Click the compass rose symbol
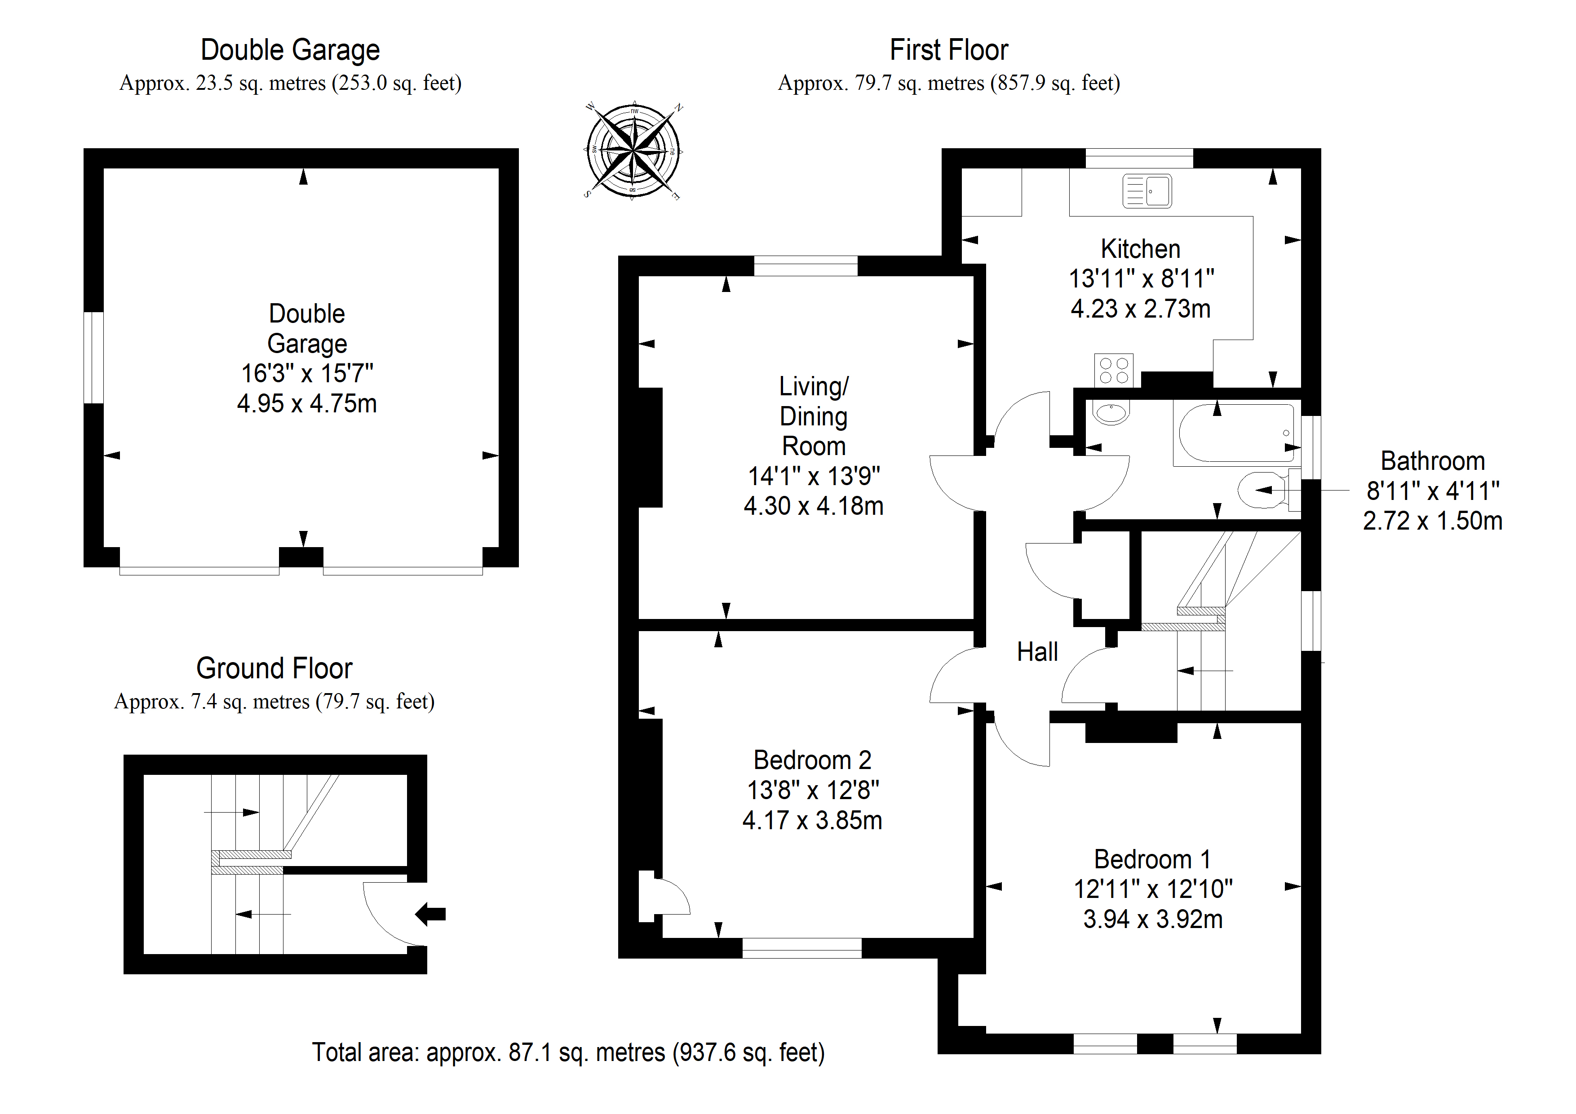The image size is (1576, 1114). pyautogui.click(x=633, y=150)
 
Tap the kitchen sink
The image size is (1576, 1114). pyautogui.click(x=1147, y=191)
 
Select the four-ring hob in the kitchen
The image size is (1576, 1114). pyautogui.click(x=1114, y=371)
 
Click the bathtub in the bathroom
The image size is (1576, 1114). pyautogui.click(x=1235, y=433)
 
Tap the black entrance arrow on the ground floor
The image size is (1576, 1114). pyautogui.click(x=430, y=914)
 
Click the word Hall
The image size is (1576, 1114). pyautogui.click(x=1037, y=652)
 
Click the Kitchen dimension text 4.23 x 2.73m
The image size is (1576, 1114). pyautogui.click(x=1140, y=309)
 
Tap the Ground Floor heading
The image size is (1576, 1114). pyautogui.click(x=274, y=668)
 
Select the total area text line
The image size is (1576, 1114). pyautogui.click(x=568, y=1052)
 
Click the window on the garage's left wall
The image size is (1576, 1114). pyautogui.click(x=93, y=358)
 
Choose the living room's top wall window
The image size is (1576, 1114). pyautogui.click(x=806, y=265)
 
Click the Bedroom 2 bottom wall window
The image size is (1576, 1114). pyautogui.click(x=802, y=948)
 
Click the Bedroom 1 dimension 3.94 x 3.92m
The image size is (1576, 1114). pyautogui.click(x=1153, y=919)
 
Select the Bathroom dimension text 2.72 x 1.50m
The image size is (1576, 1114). pyautogui.click(x=1433, y=521)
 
